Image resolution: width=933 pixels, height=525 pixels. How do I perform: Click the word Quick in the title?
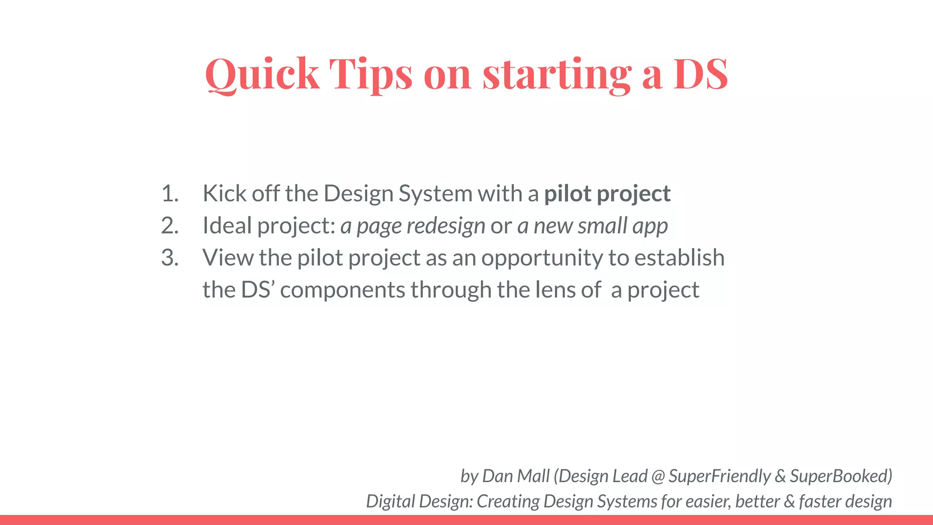click(262, 74)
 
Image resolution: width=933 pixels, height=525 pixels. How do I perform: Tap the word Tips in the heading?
click(370, 74)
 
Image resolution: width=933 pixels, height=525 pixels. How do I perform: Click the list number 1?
click(169, 194)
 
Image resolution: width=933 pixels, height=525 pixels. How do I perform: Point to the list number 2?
click(169, 226)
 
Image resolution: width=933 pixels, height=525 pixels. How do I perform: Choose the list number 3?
click(169, 258)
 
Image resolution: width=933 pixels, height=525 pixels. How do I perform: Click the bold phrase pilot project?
click(607, 194)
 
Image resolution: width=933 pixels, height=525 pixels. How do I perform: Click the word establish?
click(679, 258)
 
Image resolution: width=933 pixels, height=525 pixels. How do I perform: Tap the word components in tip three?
click(342, 290)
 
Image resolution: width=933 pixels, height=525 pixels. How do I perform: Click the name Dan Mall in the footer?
click(516, 476)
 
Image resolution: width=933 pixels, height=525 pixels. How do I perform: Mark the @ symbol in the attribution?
click(658, 476)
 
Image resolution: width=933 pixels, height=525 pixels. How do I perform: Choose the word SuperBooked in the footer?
click(841, 476)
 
